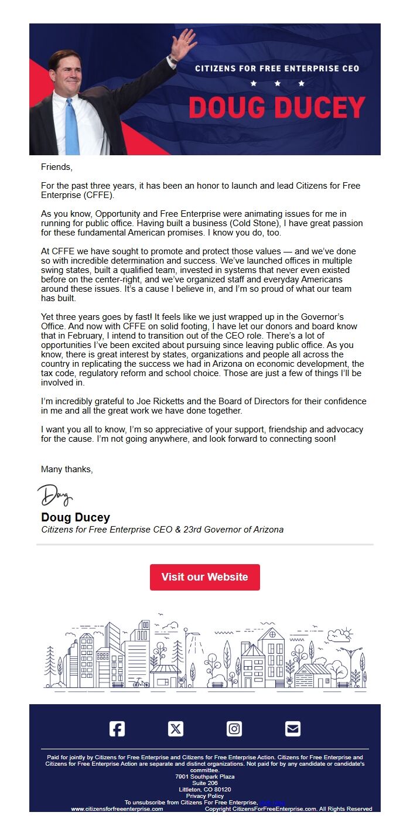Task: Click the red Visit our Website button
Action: click(204, 577)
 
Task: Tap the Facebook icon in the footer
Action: click(117, 729)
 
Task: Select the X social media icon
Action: click(176, 729)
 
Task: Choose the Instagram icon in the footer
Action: click(234, 729)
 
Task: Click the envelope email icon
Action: click(293, 729)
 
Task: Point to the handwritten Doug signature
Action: click(55, 496)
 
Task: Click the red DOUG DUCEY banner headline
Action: click(276, 108)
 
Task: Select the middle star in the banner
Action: click(278, 84)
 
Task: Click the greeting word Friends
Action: click(56, 167)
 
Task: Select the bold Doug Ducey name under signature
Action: click(76, 517)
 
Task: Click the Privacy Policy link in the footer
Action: click(205, 796)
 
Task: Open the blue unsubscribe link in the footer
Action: click(272, 803)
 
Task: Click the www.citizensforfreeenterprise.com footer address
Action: click(117, 809)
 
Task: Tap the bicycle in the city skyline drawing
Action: click(141, 683)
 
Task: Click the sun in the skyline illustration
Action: click(347, 633)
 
